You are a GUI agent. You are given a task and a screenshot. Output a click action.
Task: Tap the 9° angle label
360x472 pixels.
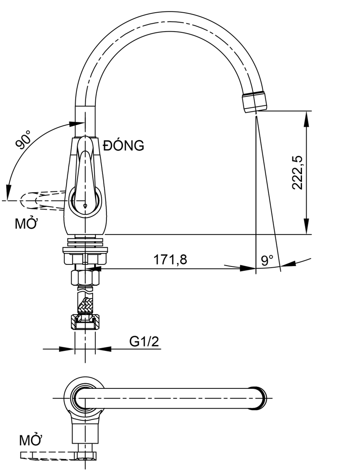(x=267, y=261)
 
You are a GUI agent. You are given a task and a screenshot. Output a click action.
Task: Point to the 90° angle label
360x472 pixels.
(x=23, y=139)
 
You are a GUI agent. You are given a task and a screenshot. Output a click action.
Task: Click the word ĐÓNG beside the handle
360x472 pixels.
(x=124, y=146)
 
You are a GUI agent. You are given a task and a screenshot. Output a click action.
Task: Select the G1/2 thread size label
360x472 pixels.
(x=144, y=341)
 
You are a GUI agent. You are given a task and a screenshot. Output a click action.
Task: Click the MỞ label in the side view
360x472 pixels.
(x=26, y=224)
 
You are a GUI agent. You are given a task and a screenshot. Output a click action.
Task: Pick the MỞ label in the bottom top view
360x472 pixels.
(x=31, y=440)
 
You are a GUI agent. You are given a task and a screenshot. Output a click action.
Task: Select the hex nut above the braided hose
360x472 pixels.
(x=85, y=277)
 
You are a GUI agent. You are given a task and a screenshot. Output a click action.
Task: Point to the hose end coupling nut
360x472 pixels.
(x=85, y=321)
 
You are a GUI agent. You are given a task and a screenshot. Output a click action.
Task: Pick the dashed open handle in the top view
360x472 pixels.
(x=46, y=455)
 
